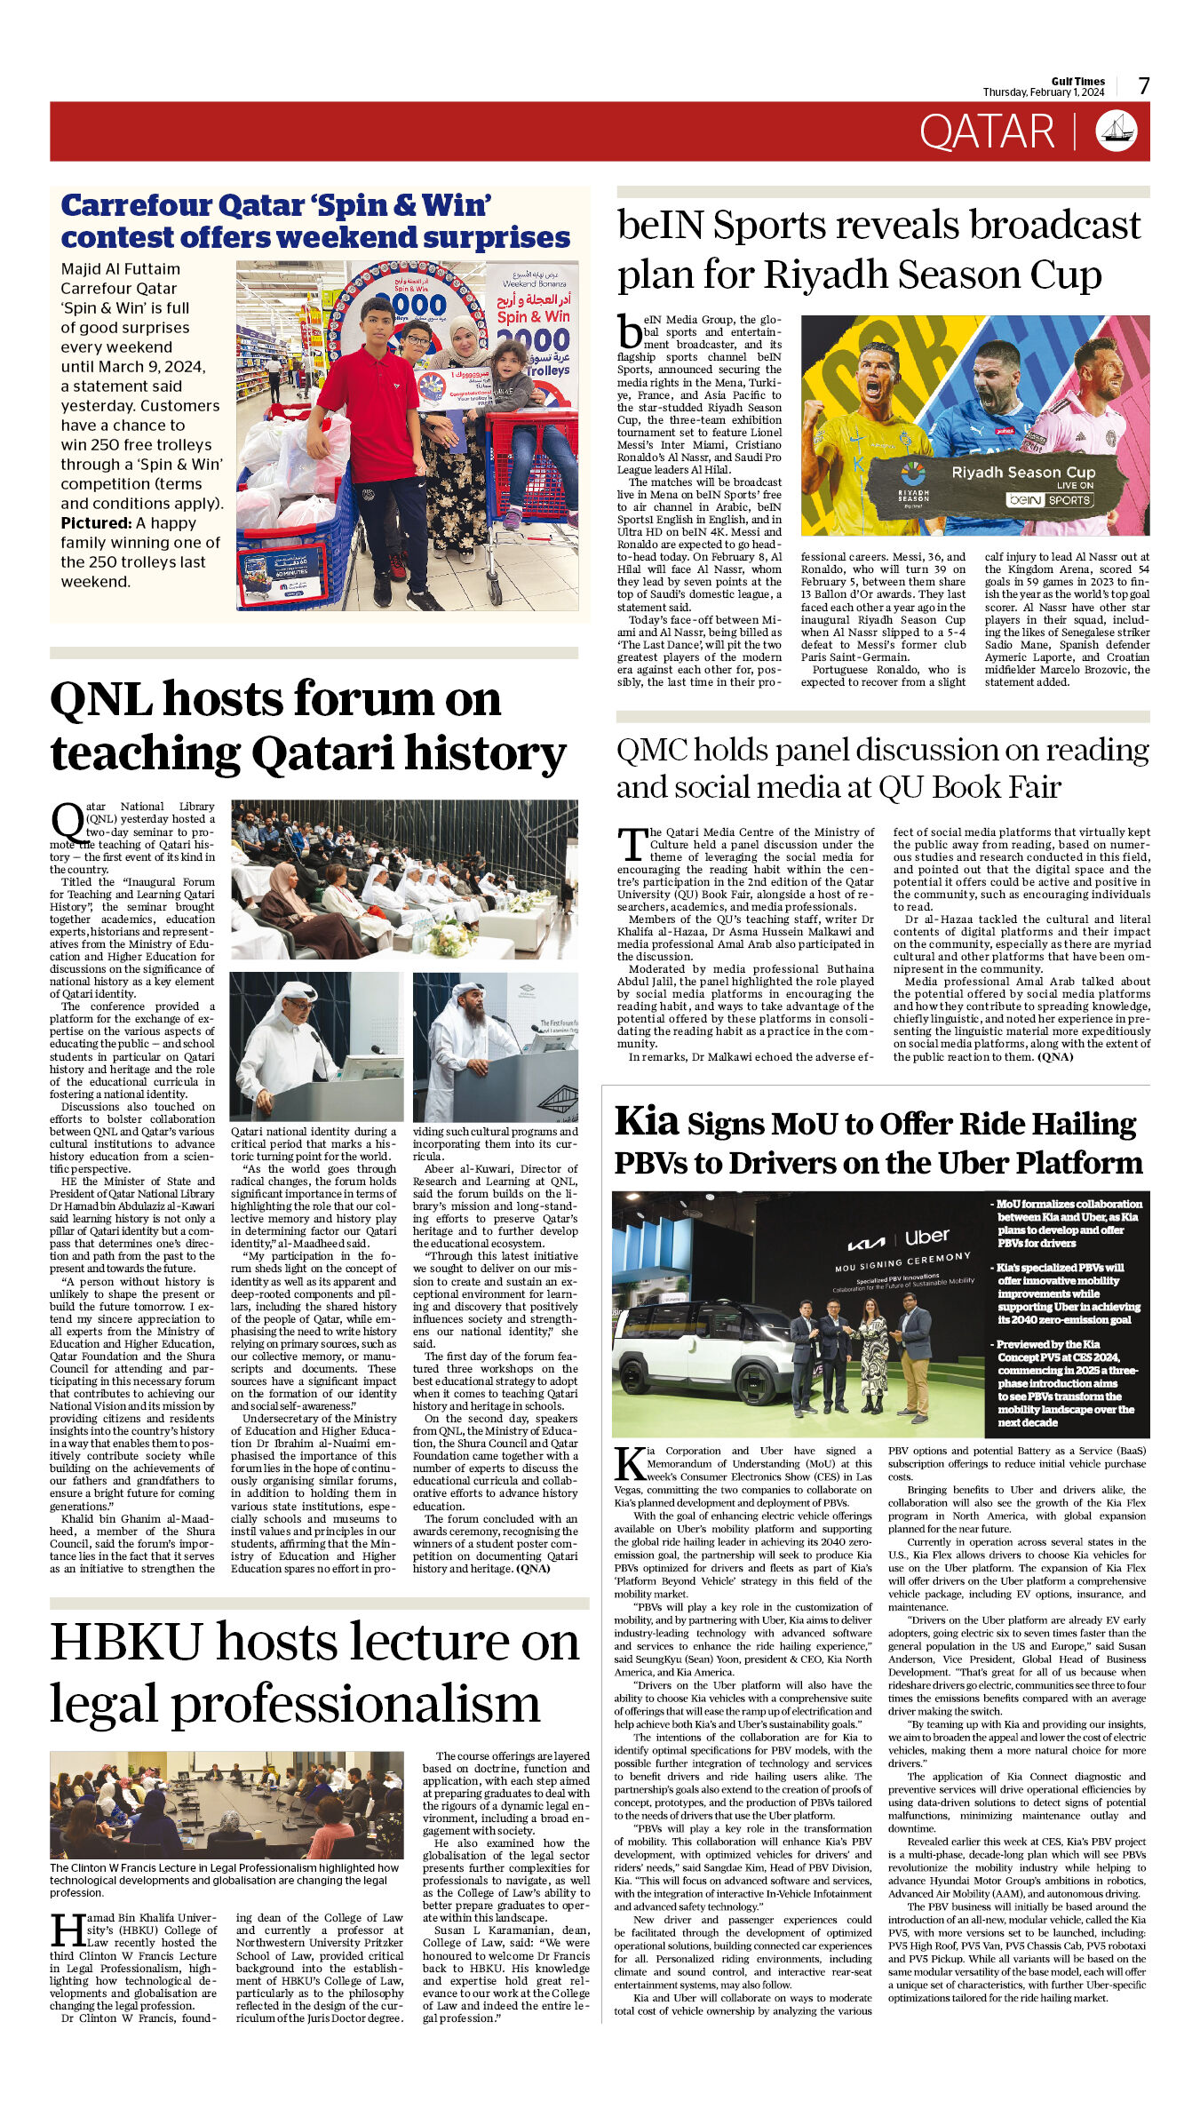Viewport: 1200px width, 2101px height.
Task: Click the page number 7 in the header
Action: coord(1144,86)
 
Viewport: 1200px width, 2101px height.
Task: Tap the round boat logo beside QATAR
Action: coord(1117,131)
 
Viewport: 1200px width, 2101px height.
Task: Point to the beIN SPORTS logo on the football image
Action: coord(1048,500)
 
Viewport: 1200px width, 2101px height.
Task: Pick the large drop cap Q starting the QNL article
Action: coord(68,823)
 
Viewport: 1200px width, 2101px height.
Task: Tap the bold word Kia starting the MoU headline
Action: coord(647,1122)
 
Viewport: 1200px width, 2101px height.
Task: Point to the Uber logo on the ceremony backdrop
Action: coord(927,1237)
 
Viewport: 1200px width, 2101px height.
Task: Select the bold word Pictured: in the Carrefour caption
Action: coord(96,523)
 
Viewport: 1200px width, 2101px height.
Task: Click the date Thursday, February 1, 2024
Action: coord(1043,92)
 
